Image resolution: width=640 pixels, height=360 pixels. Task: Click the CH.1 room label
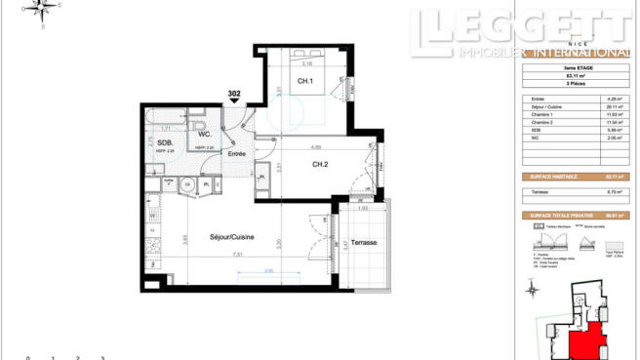304,81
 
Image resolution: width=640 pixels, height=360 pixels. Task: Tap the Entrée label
236,154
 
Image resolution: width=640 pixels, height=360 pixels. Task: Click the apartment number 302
234,94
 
